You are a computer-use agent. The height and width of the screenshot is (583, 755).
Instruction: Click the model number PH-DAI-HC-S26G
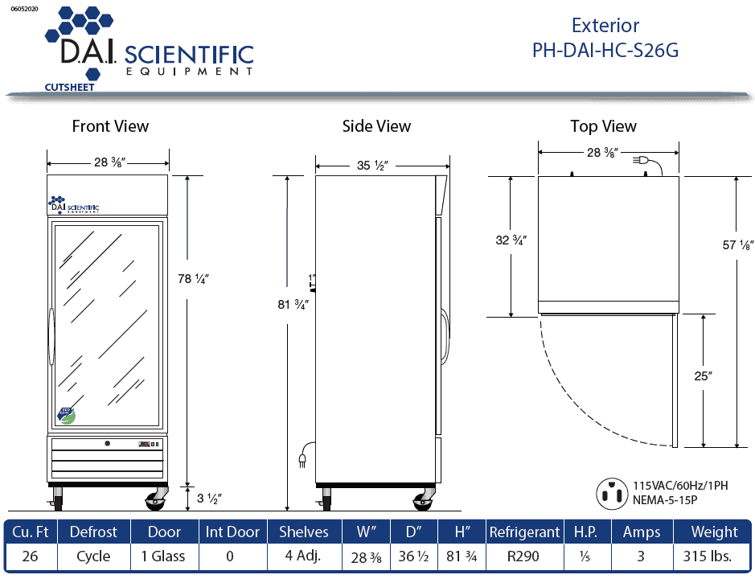(605, 50)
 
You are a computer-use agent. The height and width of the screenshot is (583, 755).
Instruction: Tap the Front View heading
(110, 126)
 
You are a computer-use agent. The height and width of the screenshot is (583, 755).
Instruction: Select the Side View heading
(376, 126)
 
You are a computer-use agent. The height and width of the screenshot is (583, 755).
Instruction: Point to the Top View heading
(603, 126)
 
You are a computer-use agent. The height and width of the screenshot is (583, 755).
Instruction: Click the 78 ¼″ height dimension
(193, 278)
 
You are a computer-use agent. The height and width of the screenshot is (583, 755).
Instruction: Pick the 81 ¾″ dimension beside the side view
(293, 304)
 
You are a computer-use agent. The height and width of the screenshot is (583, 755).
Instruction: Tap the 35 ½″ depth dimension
(373, 166)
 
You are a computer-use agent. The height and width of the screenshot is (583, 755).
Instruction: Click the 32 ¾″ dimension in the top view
(511, 240)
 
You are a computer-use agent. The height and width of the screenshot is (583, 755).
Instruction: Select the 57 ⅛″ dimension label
(737, 245)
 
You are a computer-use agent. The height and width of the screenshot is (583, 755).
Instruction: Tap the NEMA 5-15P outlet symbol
(611, 493)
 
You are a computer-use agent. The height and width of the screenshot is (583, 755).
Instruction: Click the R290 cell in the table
(523, 556)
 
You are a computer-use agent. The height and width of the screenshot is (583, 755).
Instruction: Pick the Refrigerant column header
(524, 532)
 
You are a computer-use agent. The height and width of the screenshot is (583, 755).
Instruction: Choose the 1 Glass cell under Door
(162, 556)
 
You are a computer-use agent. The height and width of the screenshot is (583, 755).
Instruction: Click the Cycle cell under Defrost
(93, 556)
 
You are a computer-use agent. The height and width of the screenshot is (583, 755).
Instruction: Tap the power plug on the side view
(303, 458)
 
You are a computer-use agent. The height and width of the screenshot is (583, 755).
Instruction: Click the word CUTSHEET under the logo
(68, 86)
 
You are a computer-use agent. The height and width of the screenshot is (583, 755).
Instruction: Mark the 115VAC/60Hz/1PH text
(680, 486)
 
